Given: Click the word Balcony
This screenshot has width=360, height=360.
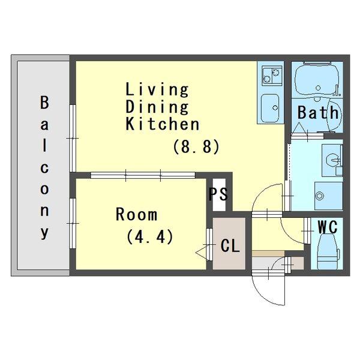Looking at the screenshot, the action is pos(44,167).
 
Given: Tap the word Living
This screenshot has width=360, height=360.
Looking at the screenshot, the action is pos(157,90).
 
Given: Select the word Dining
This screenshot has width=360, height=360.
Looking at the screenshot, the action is pos(157,107).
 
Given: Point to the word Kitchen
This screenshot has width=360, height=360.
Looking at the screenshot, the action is pos(163,124).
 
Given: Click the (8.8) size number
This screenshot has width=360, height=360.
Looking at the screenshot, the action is pos(196,146).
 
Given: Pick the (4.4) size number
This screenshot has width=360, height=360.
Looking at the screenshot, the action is pos(149,237).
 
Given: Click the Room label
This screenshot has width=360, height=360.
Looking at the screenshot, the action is pos(137,214).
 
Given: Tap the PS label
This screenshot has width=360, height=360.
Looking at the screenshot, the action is pos(218,194).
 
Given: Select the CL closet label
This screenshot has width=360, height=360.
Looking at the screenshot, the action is pos(230,245).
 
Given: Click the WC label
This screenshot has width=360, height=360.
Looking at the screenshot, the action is pos(328,227).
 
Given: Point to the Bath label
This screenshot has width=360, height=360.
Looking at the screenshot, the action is pos(318,113).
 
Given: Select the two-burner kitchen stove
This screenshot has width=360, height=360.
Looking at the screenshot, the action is pos(272,76).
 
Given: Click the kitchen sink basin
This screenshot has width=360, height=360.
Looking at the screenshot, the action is pos(271,108).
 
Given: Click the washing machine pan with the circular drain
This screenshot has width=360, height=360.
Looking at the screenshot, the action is pos(329,196).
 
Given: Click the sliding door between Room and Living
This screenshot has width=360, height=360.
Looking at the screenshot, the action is pos(143,175).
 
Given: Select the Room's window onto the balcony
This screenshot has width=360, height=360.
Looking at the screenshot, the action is pos(73,223).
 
